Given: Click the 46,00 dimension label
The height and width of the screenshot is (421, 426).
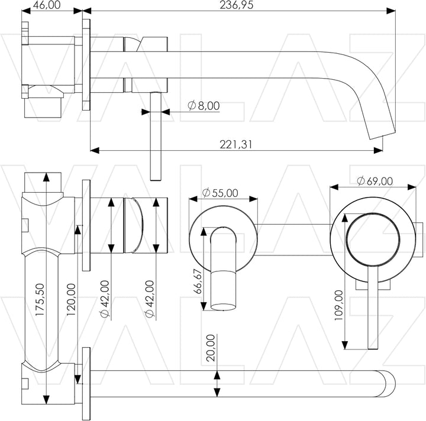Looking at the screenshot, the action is coord(47,5).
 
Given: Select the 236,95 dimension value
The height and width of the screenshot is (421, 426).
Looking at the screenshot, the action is coord(236,5).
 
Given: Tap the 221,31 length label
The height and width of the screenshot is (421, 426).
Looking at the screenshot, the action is coord(236,144).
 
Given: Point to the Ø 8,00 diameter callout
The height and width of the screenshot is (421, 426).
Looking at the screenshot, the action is coord(204,106).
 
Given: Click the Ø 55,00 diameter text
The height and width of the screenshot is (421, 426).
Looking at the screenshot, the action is coord(220,193).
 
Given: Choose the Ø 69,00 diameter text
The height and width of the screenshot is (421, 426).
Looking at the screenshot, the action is coord(375,181).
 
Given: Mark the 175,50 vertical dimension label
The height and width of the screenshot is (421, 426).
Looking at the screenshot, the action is coord(40,300).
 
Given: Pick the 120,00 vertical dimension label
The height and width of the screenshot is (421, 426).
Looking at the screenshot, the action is coord(71,300).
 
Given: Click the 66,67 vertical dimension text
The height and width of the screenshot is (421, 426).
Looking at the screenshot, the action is coord(198,281).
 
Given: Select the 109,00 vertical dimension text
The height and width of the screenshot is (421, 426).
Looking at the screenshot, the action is coord(338,305).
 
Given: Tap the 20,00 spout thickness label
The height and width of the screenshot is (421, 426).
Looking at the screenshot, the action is coord(211,348).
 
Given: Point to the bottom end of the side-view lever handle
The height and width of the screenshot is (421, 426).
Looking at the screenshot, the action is coord(156,180).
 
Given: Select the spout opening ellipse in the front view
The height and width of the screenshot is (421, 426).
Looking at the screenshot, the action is coord(223,307).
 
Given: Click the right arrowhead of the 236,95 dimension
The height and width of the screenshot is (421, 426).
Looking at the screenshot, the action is coord(390,11).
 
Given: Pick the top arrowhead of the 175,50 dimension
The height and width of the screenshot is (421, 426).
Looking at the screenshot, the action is coord(47,176).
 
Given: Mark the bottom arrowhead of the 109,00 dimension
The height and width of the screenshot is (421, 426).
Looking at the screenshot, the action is coord(345,345).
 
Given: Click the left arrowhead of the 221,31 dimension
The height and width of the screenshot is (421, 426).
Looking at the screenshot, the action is coord(95,150).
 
